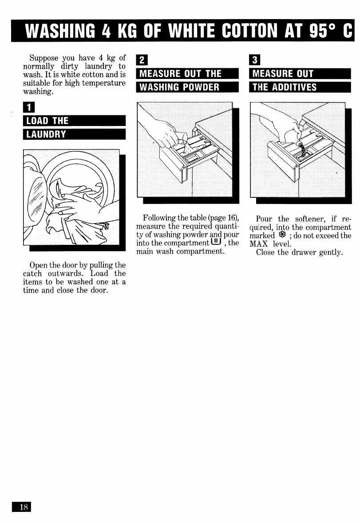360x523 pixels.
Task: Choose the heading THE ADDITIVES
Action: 301,87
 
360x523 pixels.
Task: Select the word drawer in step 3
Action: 307,253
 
